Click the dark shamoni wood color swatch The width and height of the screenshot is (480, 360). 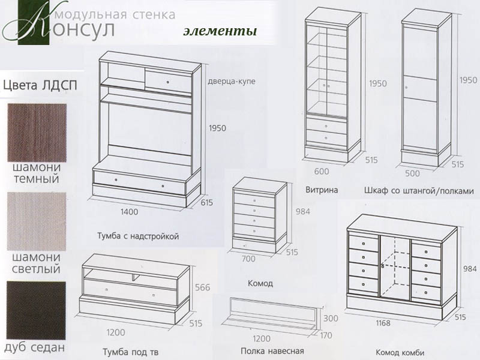(x=37, y=133)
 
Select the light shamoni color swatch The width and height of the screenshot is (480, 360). (x=37, y=221)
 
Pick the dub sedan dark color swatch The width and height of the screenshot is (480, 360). (x=36, y=310)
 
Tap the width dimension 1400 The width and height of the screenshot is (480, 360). (x=129, y=212)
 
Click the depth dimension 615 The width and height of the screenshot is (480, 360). (x=206, y=203)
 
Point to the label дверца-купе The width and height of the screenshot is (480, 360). (x=232, y=82)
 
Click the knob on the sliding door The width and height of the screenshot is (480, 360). (x=167, y=82)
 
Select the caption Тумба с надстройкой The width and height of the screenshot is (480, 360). (x=138, y=236)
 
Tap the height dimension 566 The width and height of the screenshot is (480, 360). (x=203, y=287)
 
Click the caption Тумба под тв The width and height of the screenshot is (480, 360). (x=130, y=352)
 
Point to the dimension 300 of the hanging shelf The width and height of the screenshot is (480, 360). (x=331, y=319)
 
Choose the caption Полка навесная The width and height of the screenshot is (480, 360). (x=272, y=351)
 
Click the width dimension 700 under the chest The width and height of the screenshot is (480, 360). (x=248, y=259)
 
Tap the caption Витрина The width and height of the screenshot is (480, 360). (x=322, y=190)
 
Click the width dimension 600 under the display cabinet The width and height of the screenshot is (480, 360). (x=322, y=172)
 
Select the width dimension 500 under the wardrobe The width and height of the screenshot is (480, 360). (x=412, y=173)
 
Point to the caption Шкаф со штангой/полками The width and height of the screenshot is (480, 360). (x=419, y=191)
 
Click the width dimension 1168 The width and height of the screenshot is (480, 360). (x=383, y=323)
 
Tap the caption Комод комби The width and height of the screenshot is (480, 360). (x=400, y=353)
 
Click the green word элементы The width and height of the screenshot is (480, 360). (x=220, y=31)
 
